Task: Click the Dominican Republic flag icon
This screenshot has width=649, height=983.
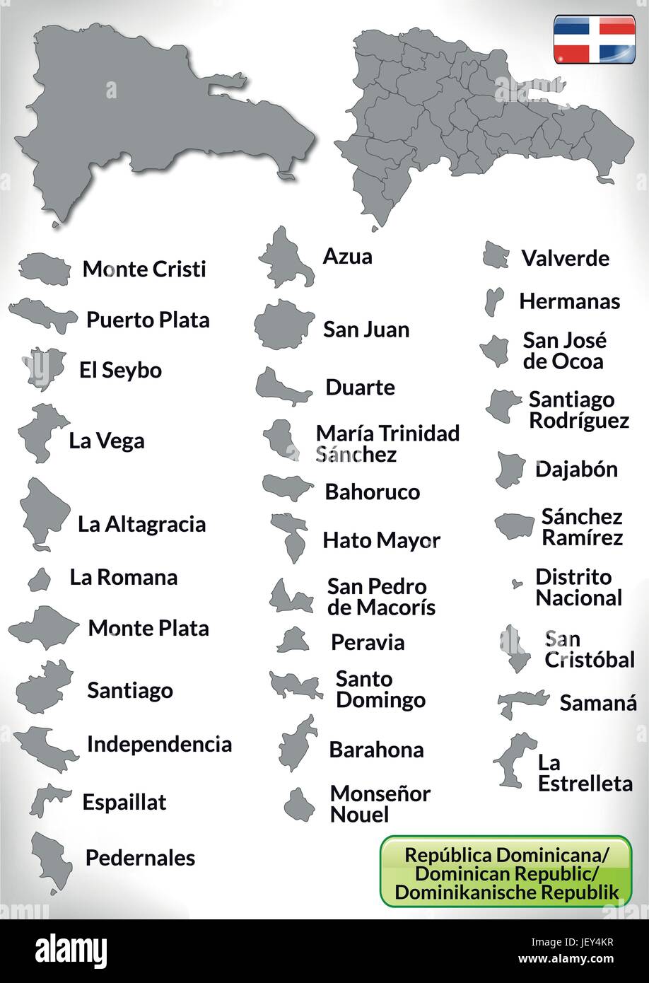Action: pyautogui.click(x=595, y=41)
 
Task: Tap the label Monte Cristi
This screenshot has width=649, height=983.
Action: pyautogui.click(x=144, y=269)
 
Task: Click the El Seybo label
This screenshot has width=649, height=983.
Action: pyautogui.click(x=121, y=371)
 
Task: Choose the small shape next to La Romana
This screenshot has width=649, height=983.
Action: pyautogui.click(x=39, y=579)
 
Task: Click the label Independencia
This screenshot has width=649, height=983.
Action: pyautogui.click(x=159, y=744)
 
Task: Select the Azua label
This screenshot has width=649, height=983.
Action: pyautogui.click(x=347, y=257)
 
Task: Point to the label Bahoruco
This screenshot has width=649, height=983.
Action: pyautogui.click(x=372, y=492)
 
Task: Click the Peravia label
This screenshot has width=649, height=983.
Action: pyautogui.click(x=368, y=643)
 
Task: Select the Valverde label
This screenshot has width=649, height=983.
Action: pyautogui.click(x=565, y=258)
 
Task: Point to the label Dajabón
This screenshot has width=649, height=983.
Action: pyautogui.click(x=576, y=469)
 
